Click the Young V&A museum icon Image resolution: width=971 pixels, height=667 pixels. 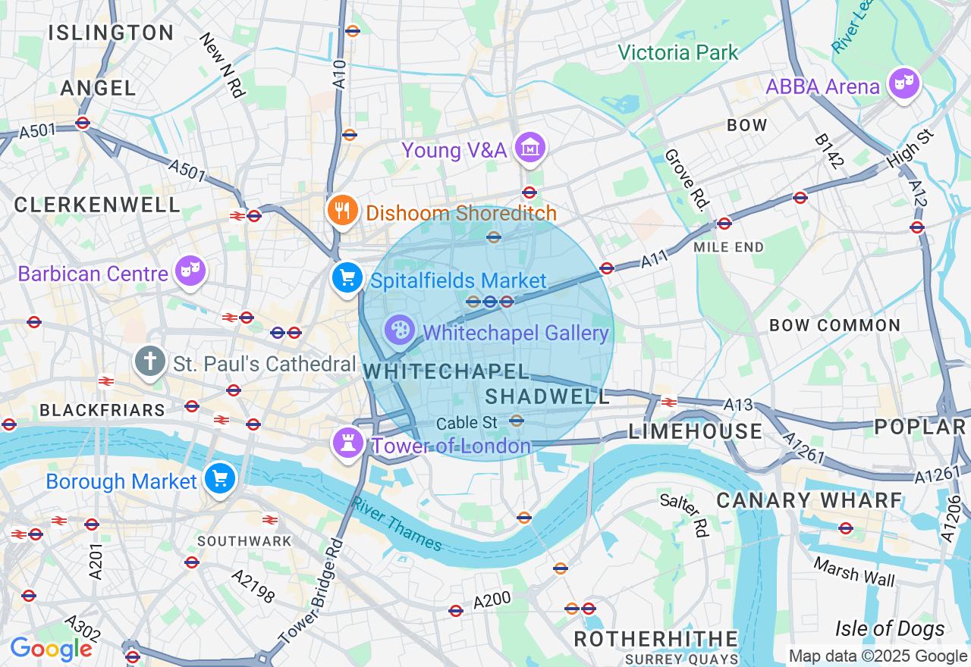point(530,148)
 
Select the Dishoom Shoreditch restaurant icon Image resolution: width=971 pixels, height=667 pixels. point(343,210)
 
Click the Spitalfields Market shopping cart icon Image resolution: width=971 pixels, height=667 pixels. point(347,278)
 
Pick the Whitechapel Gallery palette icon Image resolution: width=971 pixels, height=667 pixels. point(400,330)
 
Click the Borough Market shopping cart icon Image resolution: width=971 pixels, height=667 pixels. point(220,478)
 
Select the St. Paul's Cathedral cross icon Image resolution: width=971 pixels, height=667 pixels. point(150,362)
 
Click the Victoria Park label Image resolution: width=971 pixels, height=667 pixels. point(677,52)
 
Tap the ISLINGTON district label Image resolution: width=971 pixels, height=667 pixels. point(111,33)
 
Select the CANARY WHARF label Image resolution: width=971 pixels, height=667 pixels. point(809,500)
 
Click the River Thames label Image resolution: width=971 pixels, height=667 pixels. point(397,523)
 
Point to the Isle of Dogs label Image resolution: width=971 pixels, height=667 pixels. point(890,628)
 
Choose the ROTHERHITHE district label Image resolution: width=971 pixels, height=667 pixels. point(655,639)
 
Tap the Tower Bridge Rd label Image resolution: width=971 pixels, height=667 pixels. point(311,592)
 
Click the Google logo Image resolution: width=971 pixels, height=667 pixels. point(51,649)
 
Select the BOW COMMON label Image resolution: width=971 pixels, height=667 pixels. point(834,325)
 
